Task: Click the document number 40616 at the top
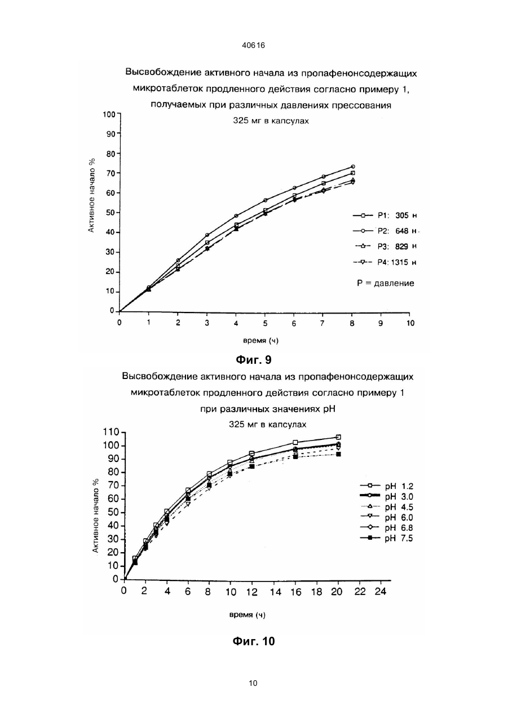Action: (254, 46)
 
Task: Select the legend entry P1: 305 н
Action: (385, 215)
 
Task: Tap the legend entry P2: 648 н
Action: (385, 231)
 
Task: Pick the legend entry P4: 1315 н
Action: (385, 262)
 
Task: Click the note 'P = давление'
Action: (386, 283)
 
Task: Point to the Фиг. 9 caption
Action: (254, 360)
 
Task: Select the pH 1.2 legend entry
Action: (387, 487)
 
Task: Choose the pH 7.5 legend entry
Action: (387, 538)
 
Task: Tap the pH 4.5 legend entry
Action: (387, 507)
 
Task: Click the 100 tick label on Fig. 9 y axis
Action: (109, 114)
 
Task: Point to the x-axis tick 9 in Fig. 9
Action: (381, 323)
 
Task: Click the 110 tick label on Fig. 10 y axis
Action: (111, 433)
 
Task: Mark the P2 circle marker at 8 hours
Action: (353, 166)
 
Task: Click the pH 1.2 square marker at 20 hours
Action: (338, 437)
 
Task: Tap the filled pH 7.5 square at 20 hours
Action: (338, 454)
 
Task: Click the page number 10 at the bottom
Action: (253, 683)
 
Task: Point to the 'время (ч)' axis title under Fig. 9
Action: (260, 341)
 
